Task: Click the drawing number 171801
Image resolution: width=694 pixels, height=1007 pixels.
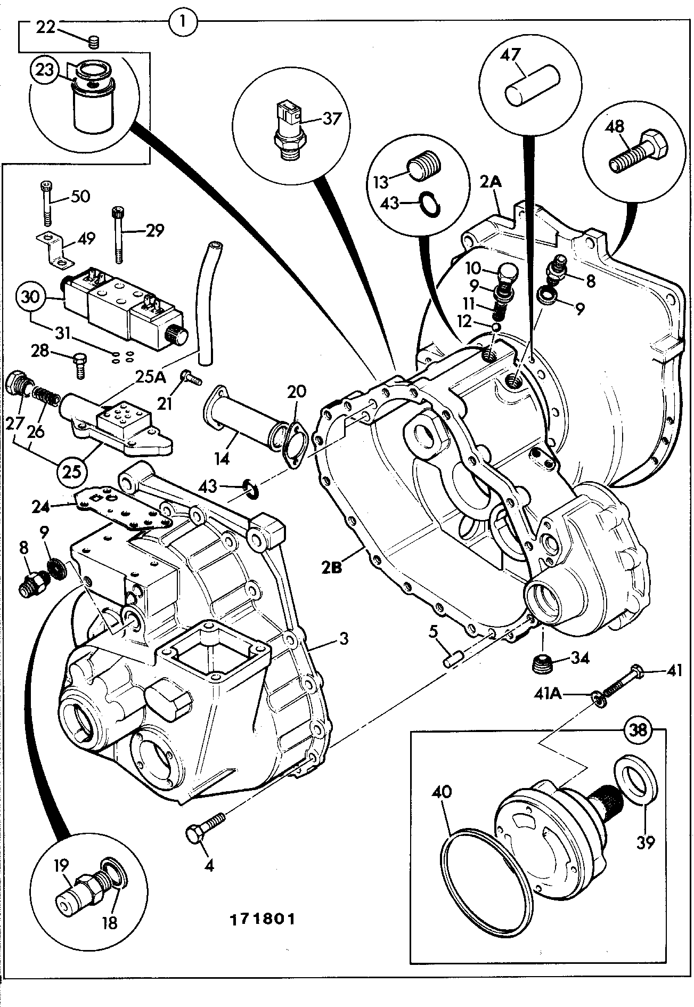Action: pos(262,919)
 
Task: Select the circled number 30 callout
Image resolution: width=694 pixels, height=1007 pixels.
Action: pos(31,297)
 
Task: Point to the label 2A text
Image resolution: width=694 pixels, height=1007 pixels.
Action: pos(491,182)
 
